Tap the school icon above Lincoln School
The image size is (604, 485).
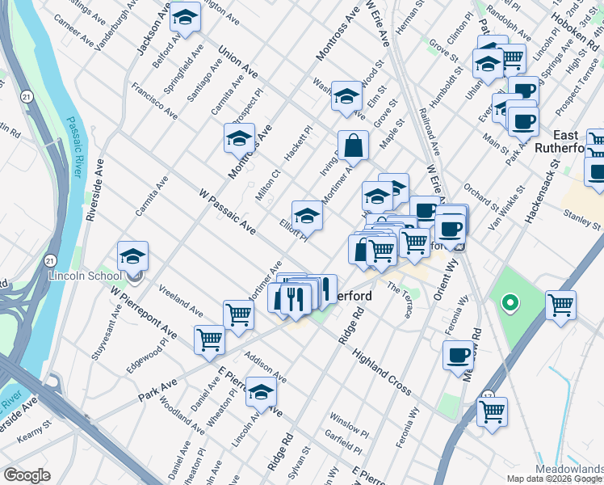pos(133,257)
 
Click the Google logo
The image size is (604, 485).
pos(27,475)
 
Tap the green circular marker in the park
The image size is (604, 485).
pos(509,304)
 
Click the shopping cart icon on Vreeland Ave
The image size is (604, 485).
pos(238,314)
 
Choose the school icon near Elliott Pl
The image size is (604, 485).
pos(307,216)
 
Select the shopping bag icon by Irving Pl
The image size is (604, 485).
pos(353,146)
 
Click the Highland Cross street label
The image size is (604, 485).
pos(382,379)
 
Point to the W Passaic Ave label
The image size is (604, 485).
pos(227,213)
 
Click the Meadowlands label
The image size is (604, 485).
pos(568,469)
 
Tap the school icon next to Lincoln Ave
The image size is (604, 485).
pos(262,393)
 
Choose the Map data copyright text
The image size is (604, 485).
pos(554,479)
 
